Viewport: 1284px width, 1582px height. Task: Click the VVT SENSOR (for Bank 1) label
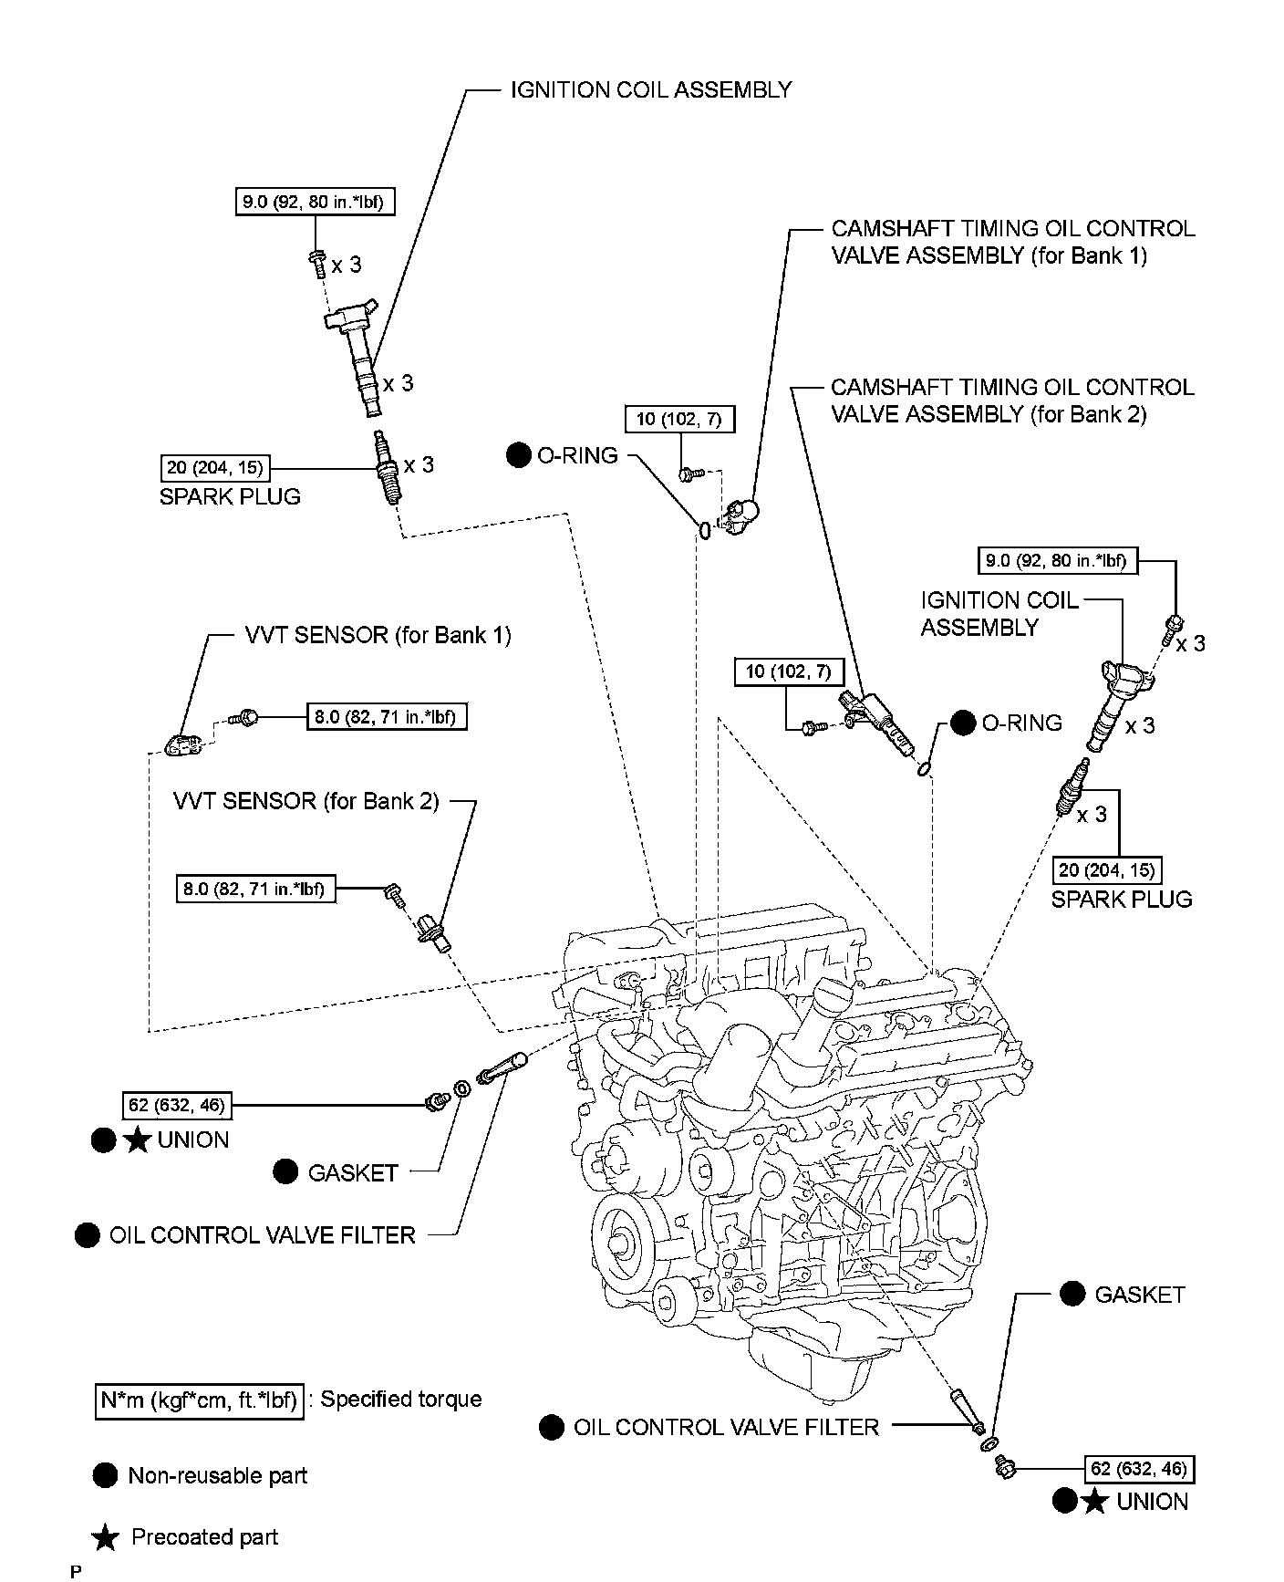(378, 635)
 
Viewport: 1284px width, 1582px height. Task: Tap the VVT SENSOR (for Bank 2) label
(306, 801)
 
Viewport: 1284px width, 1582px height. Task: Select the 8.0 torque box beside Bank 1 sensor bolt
(384, 717)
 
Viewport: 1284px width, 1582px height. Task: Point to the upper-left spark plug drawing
(388, 467)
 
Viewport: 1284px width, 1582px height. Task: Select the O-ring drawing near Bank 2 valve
(925, 768)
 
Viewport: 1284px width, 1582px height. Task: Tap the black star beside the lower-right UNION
(1094, 1502)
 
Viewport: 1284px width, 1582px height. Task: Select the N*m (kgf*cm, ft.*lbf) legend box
(199, 1400)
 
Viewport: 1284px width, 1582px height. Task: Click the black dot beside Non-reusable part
(105, 1476)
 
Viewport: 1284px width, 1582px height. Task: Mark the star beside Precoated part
(106, 1538)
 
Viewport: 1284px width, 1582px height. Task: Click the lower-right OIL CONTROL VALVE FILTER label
(726, 1427)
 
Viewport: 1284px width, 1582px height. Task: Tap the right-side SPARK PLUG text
(1122, 900)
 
